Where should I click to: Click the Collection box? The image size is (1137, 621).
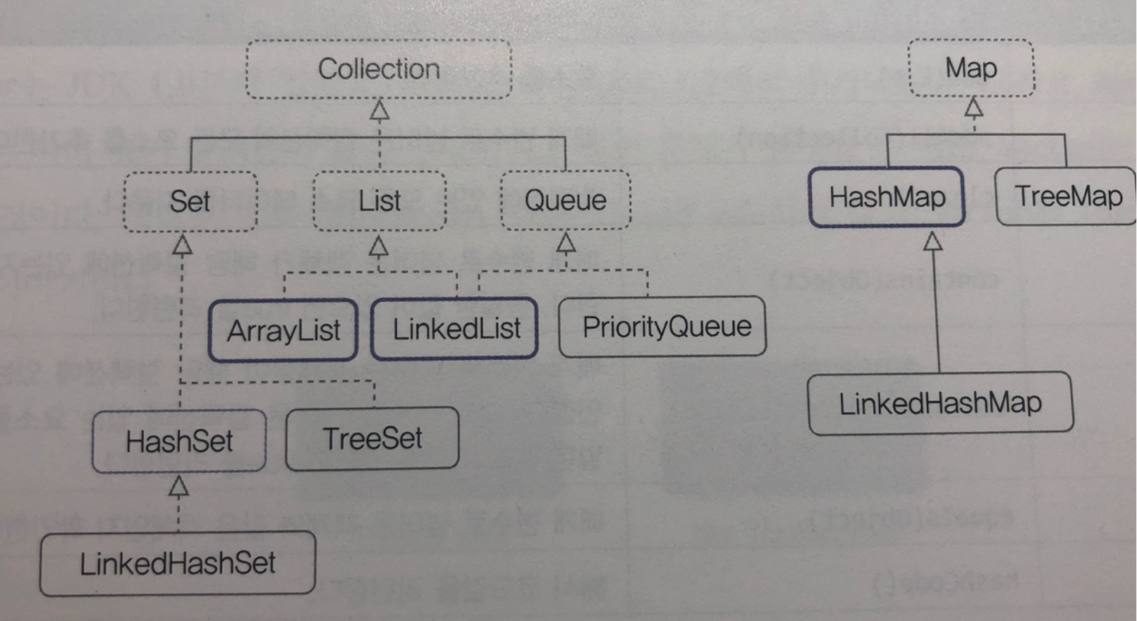(x=379, y=69)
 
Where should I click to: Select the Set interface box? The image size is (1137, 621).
(x=190, y=201)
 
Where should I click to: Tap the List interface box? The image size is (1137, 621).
(x=379, y=201)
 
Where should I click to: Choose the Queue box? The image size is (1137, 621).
(x=565, y=200)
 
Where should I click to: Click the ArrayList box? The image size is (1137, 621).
(x=283, y=330)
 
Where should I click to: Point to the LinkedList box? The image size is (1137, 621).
(x=455, y=329)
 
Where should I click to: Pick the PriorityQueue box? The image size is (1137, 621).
(x=662, y=326)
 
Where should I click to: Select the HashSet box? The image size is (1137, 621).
(x=179, y=441)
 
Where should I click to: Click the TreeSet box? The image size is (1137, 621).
(x=372, y=438)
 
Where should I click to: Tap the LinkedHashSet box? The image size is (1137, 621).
(x=177, y=563)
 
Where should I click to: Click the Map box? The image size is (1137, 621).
(x=971, y=68)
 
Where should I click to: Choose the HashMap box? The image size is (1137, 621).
(x=887, y=197)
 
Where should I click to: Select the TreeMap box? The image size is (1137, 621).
(x=1066, y=195)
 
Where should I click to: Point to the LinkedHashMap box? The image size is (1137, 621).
(x=940, y=403)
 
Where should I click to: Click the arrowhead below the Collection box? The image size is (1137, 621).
(x=379, y=111)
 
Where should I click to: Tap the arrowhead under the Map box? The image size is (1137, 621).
(x=974, y=108)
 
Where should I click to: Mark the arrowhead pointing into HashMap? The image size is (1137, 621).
(x=933, y=242)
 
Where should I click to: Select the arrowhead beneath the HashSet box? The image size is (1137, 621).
(x=179, y=486)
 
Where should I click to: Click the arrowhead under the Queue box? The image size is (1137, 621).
(x=566, y=243)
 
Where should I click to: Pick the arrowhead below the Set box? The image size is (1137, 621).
(x=183, y=245)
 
